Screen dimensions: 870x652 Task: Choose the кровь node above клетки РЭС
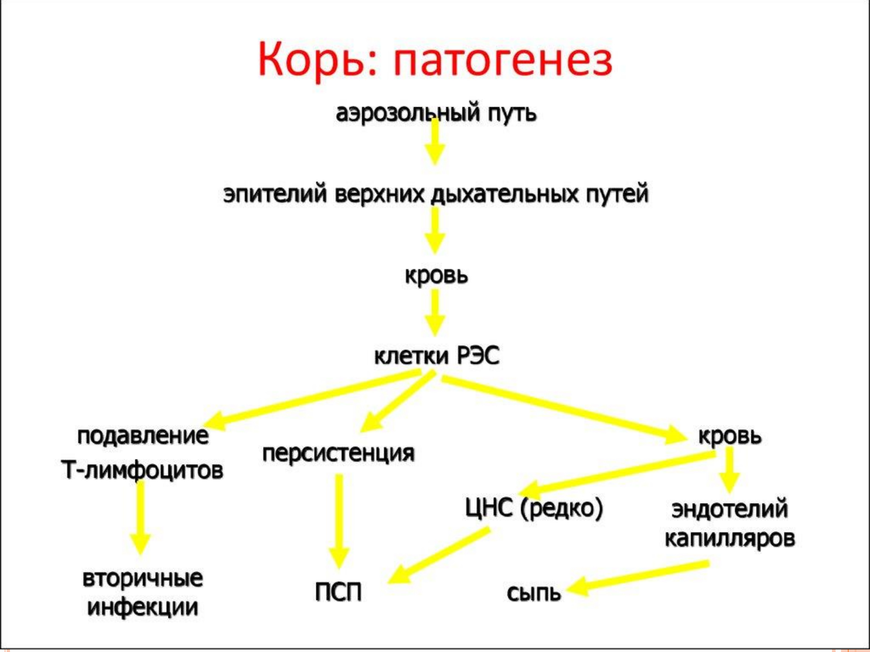tap(436, 276)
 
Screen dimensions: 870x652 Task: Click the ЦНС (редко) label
tap(534, 509)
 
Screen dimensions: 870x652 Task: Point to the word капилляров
tap(730, 539)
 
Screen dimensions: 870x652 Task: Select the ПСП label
tap(338, 592)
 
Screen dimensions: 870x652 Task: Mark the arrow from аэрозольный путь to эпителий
tap(435, 141)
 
